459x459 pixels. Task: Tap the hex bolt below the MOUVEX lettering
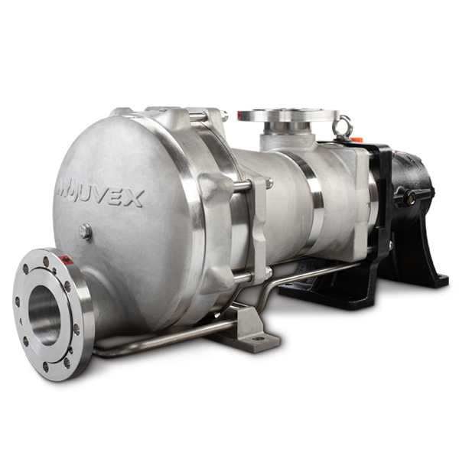tap(86, 230)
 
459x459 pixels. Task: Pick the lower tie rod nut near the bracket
tap(267, 272)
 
